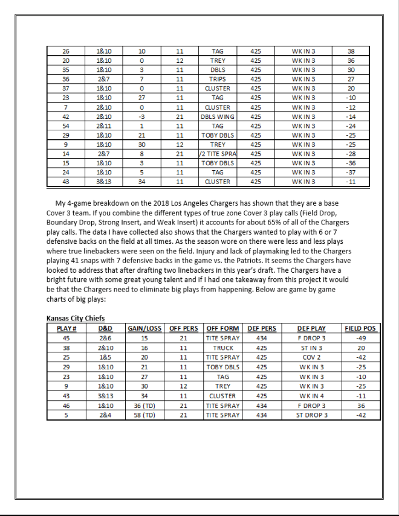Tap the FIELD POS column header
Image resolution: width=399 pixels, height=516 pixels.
pyautogui.click(x=360, y=328)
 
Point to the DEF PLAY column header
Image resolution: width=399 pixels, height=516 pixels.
pyautogui.click(x=311, y=328)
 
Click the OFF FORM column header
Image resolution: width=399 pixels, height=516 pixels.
pyautogui.click(x=222, y=328)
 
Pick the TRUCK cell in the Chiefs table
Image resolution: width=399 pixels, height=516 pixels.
pyautogui.click(x=222, y=348)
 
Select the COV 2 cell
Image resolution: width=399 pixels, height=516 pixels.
pyautogui.click(x=311, y=357)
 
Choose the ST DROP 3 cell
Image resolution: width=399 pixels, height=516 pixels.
pyautogui.click(x=311, y=415)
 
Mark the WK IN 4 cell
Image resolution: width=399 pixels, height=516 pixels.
pyautogui.click(x=311, y=396)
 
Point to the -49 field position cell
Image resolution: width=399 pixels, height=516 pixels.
pyautogui.click(x=360, y=338)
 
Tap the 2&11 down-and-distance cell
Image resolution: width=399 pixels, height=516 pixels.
pyautogui.click(x=103, y=126)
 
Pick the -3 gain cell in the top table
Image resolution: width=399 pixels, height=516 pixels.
pyautogui.click(x=141, y=116)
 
